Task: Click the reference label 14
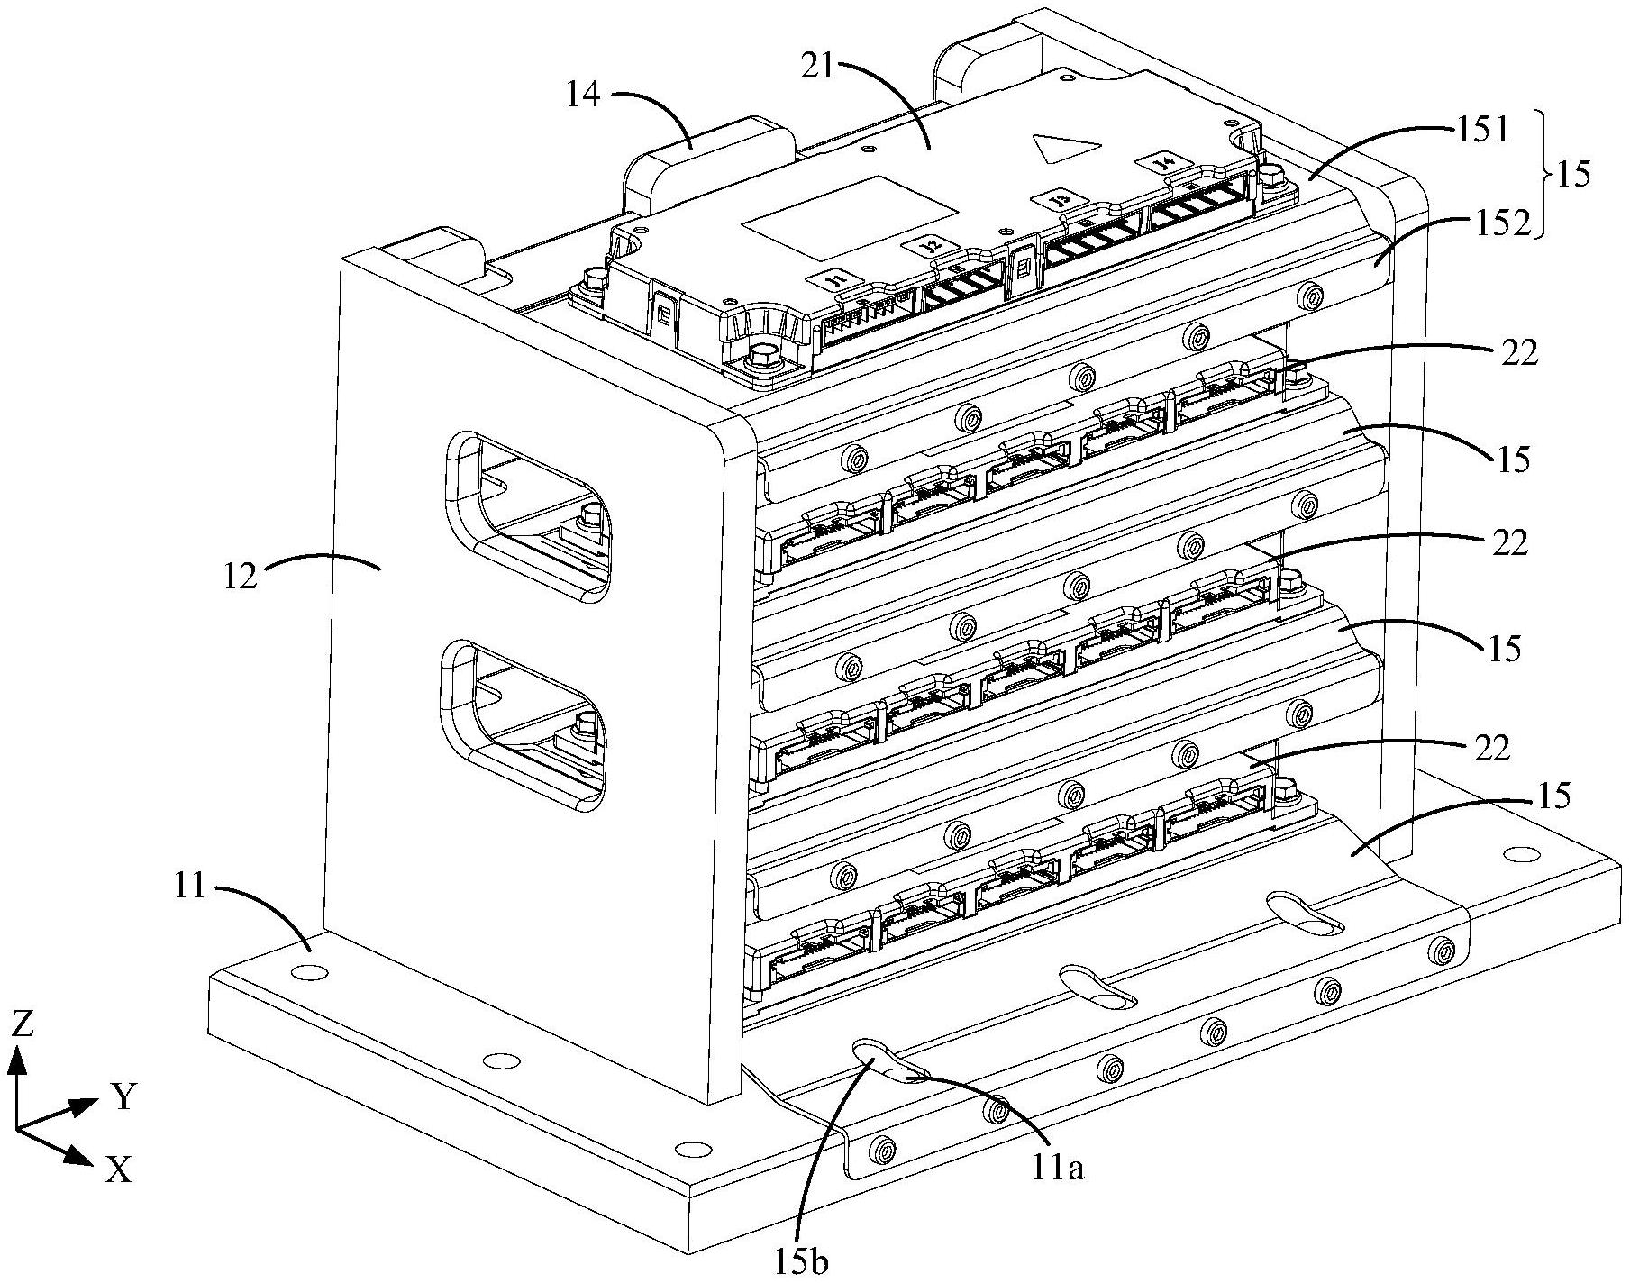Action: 583,95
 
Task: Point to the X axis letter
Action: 119,1169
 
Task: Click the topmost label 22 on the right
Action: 1519,354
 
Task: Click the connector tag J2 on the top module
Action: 926,244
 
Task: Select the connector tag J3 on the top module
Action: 1061,199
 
